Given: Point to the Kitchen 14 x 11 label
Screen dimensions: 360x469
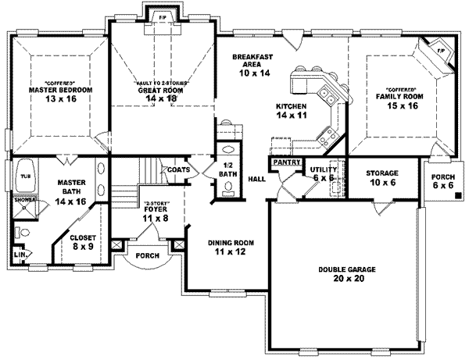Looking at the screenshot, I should tap(290, 110).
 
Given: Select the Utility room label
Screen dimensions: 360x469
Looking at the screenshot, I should tap(322, 173).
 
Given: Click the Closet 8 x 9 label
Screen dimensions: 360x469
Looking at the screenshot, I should tap(83, 241).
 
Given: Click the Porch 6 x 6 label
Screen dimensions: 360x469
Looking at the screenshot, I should tap(442, 182).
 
